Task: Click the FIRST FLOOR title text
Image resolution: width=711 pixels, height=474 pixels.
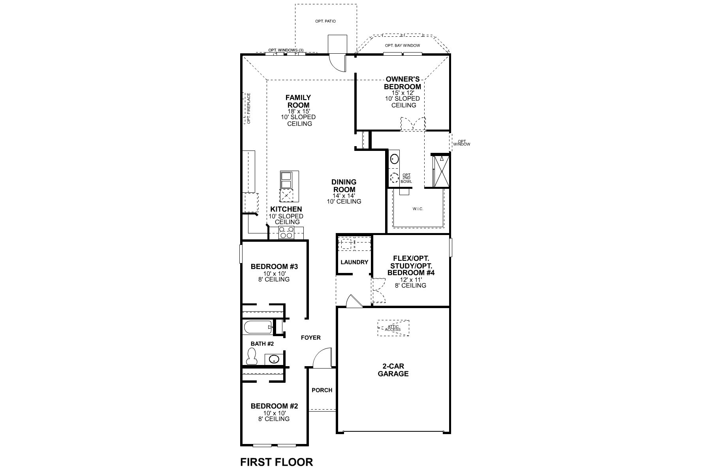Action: [276, 462]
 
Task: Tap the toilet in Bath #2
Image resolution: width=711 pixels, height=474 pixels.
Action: [252, 357]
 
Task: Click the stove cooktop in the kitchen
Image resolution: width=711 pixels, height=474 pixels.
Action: [286, 233]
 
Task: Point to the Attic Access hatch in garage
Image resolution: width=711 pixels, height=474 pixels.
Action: [393, 328]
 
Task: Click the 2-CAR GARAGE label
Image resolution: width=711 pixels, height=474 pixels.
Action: [393, 370]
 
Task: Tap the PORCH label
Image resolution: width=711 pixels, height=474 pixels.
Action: [322, 390]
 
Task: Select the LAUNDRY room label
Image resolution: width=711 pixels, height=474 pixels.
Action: [354, 262]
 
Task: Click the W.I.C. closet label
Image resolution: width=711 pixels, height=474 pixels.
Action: [418, 209]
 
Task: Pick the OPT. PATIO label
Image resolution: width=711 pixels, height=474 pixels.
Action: [325, 21]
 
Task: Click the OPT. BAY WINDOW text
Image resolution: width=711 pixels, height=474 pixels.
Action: [403, 45]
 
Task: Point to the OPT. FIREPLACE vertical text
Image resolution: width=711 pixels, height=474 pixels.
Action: [249, 108]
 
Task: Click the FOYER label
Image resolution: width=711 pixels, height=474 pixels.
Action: [311, 337]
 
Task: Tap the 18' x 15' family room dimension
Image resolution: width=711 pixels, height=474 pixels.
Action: [298, 111]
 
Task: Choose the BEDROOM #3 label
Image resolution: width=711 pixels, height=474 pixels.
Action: [274, 267]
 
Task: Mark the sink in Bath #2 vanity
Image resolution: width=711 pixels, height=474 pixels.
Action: [274, 359]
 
